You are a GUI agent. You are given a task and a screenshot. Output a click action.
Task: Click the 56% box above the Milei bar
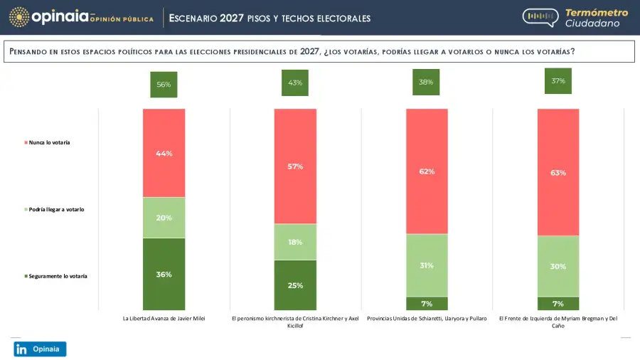[164, 84]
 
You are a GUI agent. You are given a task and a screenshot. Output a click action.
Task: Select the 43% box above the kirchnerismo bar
[295, 83]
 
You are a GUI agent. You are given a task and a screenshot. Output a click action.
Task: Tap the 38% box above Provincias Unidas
[427, 82]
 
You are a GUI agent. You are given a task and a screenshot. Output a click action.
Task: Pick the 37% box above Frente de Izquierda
[558, 81]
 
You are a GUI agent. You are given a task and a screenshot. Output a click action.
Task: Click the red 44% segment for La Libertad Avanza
[164, 153]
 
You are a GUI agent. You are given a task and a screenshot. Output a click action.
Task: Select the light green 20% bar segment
[164, 218]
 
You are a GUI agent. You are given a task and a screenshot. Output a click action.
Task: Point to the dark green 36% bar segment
[164, 274]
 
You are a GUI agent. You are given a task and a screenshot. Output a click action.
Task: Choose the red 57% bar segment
[295, 166]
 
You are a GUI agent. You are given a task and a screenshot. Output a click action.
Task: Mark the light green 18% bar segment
[295, 242]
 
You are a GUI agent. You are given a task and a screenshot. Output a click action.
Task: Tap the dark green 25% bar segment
[295, 285]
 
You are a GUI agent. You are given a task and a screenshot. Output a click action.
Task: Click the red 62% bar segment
[427, 171]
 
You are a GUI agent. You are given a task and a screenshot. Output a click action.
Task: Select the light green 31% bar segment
[427, 265]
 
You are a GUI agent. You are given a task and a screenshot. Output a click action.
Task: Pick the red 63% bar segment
[558, 171]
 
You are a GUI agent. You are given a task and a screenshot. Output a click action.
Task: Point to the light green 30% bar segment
[558, 266]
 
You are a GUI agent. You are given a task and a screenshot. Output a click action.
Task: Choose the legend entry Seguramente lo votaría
[58, 275]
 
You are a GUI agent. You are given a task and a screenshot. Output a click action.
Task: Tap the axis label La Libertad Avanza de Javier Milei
[164, 319]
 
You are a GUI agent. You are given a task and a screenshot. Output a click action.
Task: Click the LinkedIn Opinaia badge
[40, 349]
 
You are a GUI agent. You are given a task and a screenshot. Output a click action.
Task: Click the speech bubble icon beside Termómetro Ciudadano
[540, 17]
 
